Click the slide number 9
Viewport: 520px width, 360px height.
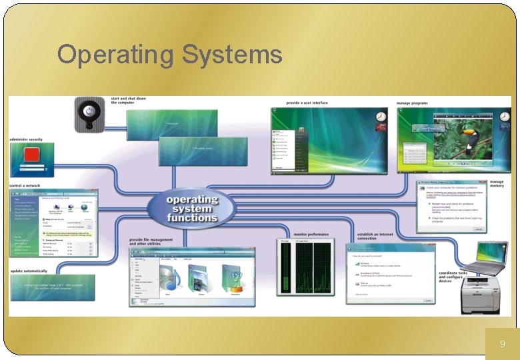pos(503,344)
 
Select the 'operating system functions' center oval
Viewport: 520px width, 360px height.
pos(192,209)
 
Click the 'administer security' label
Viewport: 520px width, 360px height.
pos(26,139)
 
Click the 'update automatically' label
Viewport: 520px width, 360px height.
pos(29,271)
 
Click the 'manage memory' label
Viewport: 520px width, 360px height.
pos(497,184)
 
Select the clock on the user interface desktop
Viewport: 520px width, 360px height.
pos(381,116)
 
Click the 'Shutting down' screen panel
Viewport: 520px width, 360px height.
pos(203,149)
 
